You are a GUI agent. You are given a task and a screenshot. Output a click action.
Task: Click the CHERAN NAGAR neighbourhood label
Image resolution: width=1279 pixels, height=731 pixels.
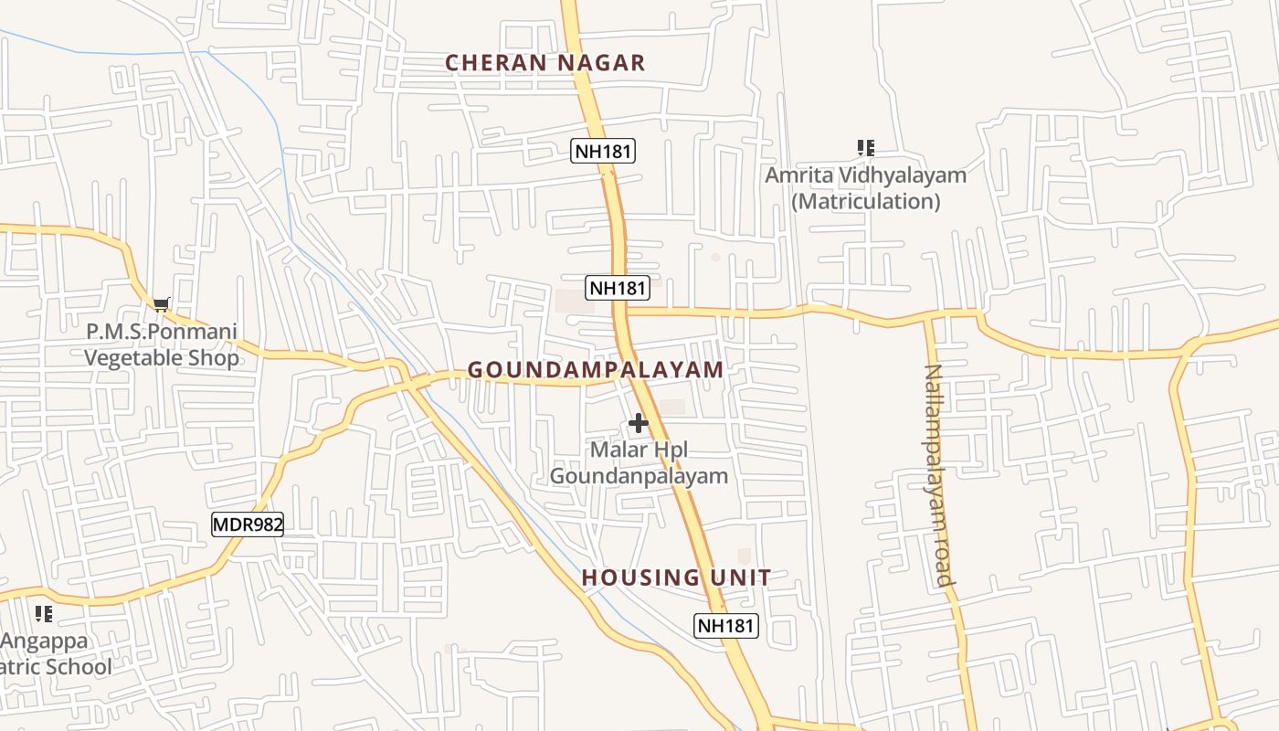(x=544, y=63)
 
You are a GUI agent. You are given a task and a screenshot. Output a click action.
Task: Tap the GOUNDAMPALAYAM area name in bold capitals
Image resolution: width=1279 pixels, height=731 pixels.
(x=595, y=370)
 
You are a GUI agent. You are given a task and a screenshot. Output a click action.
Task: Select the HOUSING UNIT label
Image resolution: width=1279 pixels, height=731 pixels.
(x=676, y=577)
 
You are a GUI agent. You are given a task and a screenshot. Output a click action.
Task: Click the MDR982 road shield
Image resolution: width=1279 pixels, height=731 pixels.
(x=248, y=524)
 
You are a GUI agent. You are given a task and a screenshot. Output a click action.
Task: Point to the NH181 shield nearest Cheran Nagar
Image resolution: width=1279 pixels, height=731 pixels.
(x=603, y=151)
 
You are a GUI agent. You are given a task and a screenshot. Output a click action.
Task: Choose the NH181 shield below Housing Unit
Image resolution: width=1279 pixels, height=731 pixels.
(x=726, y=626)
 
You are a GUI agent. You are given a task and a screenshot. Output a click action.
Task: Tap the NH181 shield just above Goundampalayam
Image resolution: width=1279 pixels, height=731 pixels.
(x=618, y=288)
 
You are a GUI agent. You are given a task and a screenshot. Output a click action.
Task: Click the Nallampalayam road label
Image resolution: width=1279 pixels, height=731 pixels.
(x=938, y=474)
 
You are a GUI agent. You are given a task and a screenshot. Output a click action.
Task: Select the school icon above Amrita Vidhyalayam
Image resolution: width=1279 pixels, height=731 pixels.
(x=865, y=148)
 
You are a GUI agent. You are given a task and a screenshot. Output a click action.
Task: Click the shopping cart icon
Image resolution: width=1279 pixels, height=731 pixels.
(x=161, y=304)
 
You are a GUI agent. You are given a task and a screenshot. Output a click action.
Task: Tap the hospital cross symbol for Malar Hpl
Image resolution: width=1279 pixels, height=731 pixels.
(x=638, y=424)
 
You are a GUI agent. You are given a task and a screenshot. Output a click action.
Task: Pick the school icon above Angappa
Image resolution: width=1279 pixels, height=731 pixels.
(x=43, y=614)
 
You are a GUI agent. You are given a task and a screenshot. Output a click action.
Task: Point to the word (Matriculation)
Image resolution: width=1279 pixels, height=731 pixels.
(x=865, y=201)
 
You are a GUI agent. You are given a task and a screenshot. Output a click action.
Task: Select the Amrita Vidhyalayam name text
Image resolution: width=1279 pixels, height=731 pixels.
(x=865, y=175)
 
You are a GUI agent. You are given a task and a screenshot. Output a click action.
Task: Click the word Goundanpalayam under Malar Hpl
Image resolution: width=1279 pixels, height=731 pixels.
(x=639, y=476)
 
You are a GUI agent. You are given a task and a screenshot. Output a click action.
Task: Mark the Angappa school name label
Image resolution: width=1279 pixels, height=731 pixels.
(x=45, y=641)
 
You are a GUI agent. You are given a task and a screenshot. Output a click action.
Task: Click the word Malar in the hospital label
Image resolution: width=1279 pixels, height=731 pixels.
(x=612, y=450)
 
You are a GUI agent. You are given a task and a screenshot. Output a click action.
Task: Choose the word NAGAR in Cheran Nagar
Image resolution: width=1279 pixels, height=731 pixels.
(x=602, y=63)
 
